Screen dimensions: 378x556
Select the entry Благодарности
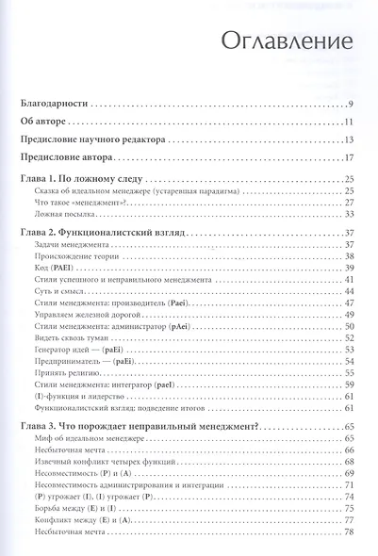(x=57, y=104)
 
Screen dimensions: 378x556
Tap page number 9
(x=351, y=104)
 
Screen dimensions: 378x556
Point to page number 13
(x=348, y=139)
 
